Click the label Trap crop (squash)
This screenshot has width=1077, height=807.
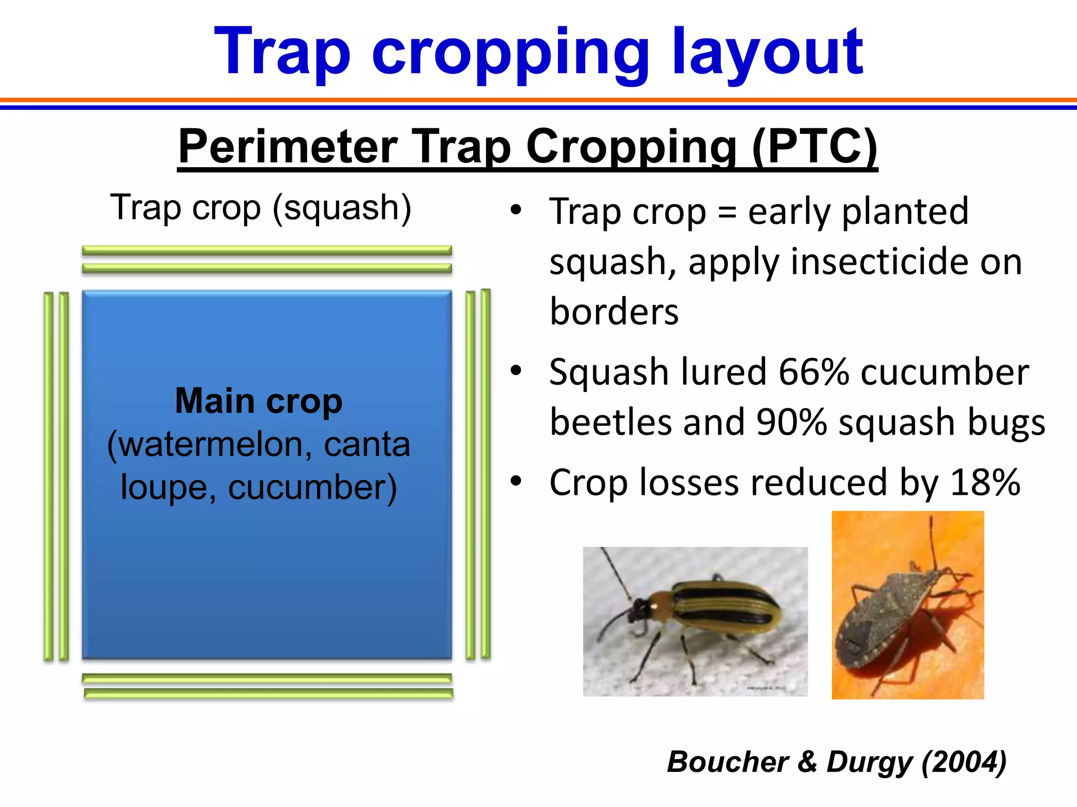click(260, 208)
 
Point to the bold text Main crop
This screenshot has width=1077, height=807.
click(258, 401)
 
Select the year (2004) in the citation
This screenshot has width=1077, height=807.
click(963, 762)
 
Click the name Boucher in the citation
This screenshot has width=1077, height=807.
click(727, 762)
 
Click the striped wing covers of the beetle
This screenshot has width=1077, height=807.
click(726, 609)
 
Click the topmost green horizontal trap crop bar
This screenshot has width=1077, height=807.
click(267, 250)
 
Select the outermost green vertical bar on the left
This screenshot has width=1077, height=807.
click(48, 475)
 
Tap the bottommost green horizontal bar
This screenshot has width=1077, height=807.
click(268, 694)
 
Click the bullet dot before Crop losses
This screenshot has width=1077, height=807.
click(516, 481)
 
